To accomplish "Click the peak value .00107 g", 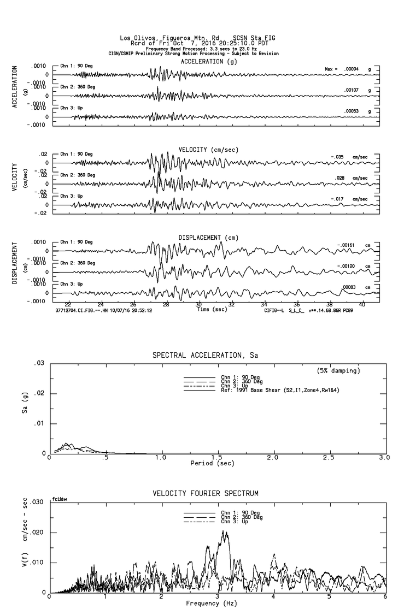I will pyautogui.click(x=353, y=90).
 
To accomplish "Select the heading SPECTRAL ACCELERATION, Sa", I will pyautogui.click(x=206, y=355).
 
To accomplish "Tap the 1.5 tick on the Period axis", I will pyautogui.click(x=217, y=458).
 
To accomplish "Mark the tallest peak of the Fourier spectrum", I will pyautogui.click(x=224, y=531).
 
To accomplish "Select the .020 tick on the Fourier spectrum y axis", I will pyautogui.click(x=37, y=533).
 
